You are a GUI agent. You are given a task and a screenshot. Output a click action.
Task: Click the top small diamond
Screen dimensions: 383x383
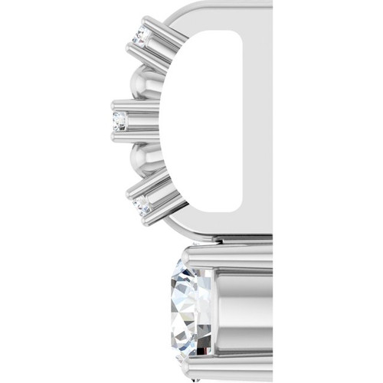pos(139,36)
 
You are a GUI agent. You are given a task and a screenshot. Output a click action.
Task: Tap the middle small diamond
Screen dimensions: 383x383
pos(119,120)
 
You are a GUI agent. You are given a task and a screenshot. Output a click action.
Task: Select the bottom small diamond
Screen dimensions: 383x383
pos(140,204)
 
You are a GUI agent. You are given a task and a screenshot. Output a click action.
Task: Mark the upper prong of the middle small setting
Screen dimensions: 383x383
pos(138,106)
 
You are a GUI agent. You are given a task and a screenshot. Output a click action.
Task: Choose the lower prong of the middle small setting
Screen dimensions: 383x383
pos(138,135)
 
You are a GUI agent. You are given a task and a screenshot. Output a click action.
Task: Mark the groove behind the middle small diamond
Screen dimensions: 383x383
pos(142,120)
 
